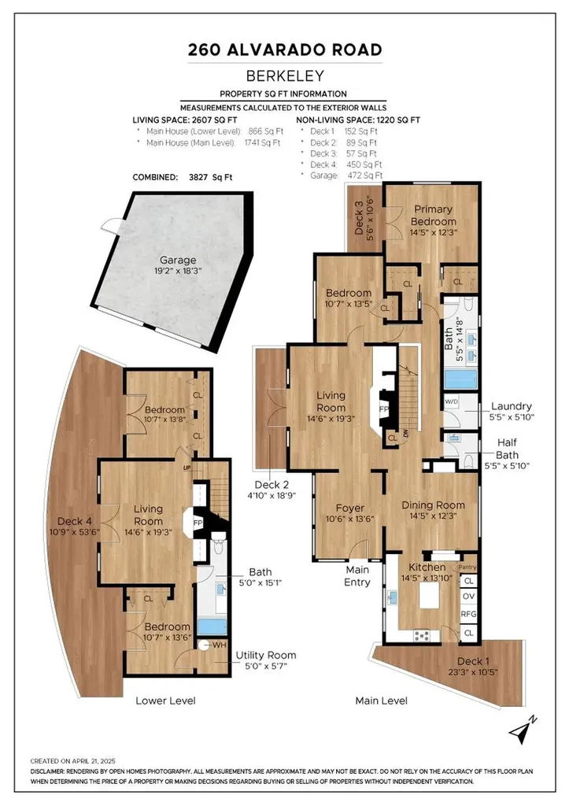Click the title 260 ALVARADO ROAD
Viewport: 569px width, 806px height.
coord(285,50)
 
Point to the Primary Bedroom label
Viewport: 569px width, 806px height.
coord(433,216)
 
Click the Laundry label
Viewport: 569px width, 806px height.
coord(511,406)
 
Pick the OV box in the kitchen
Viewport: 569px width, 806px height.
coord(468,597)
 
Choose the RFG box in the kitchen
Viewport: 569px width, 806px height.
coord(468,615)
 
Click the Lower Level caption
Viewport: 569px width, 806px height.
coord(165,700)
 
